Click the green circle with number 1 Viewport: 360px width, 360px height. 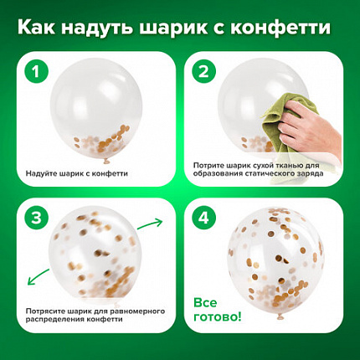[37, 71]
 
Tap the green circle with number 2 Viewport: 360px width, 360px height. [204, 71]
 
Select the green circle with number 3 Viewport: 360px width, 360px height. [37, 218]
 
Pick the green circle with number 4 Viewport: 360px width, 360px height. [204, 218]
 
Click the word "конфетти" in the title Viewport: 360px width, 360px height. [281, 28]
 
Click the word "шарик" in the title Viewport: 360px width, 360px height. [173, 28]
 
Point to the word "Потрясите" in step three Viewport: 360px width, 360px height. [42, 311]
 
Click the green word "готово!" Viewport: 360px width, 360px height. [218, 317]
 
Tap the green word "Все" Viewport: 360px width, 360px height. [205, 303]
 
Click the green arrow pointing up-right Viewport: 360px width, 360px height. [150, 224]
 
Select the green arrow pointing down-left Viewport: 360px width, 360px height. [39, 277]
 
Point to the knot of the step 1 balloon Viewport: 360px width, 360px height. [106, 161]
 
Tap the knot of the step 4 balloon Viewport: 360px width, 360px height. [280, 317]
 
